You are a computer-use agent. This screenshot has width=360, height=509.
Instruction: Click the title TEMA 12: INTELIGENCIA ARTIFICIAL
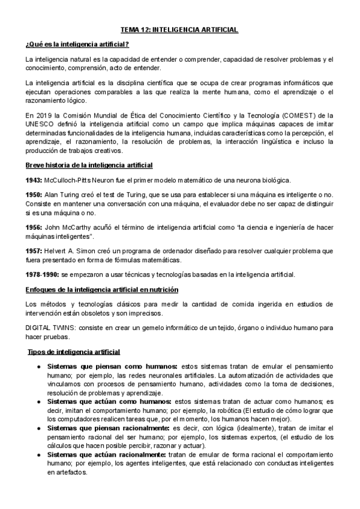point(179,29)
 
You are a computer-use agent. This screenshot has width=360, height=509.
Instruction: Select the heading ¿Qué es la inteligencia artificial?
point(77,44)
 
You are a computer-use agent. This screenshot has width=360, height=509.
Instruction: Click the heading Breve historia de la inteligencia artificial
point(89,165)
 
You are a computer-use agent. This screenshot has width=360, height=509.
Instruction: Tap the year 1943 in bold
point(34,180)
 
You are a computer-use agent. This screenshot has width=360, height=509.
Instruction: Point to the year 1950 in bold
point(34,196)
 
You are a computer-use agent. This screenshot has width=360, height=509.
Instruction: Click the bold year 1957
point(34,251)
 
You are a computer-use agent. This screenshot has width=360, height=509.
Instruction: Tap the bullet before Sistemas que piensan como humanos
point(39,367)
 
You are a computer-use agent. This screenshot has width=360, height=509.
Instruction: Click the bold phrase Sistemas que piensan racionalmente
point(109,428)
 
